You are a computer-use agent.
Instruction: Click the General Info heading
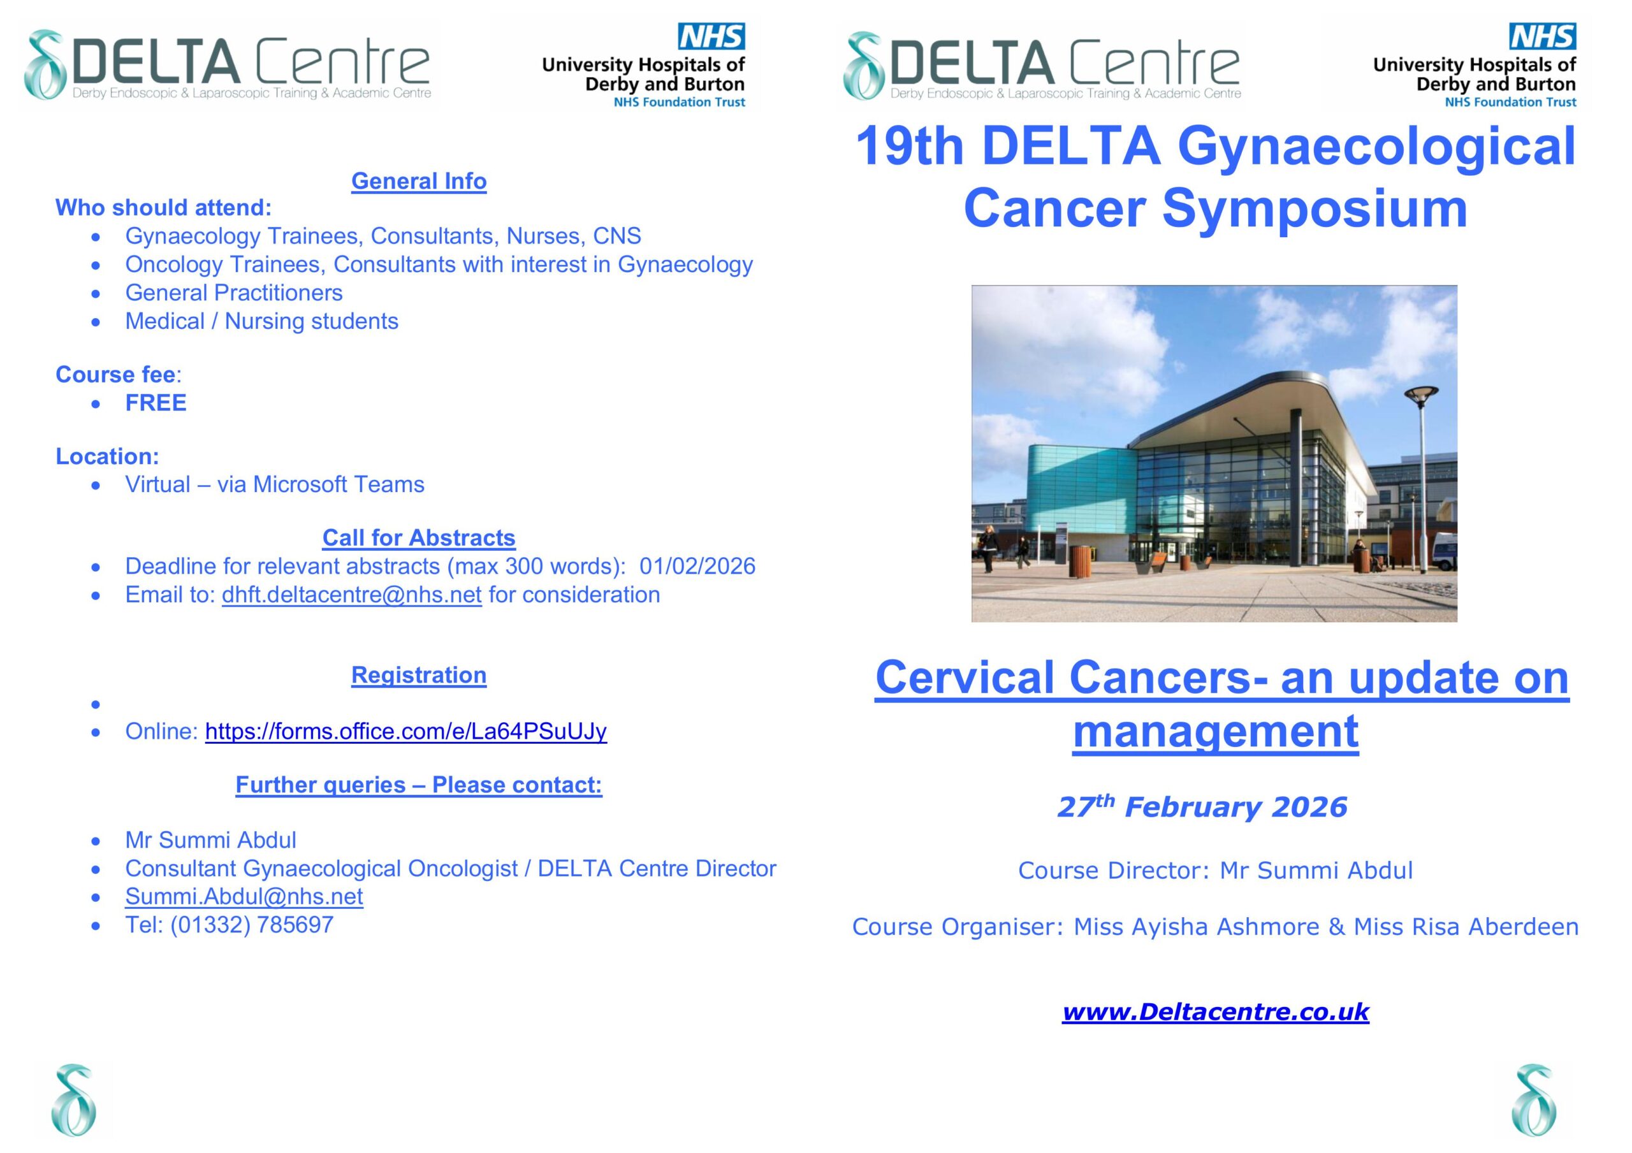tap(419, 181)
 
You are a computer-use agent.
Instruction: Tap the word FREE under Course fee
tap(156, 403)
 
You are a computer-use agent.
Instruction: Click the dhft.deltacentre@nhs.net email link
tap(352, 594)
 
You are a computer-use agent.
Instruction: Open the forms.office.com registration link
tap(406, 732)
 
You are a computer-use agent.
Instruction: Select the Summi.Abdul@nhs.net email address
tap(244, 896)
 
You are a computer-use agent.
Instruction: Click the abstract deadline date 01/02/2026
tap(697, 566)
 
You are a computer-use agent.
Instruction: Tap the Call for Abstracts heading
tap(419, 538)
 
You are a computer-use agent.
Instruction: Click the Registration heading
tap(419, 676)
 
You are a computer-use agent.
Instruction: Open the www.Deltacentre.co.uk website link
tap(1216, 1012)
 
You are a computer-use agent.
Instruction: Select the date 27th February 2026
tap(1202, 807)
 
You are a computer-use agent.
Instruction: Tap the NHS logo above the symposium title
tap(1543, 36)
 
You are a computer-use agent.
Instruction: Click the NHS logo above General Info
tap(711, 36)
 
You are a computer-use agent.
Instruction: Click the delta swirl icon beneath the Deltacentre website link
tap(1533, 1100)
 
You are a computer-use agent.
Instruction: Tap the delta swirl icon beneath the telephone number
tap(74, 1100)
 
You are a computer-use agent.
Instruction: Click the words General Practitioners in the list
tap(234, 293)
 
